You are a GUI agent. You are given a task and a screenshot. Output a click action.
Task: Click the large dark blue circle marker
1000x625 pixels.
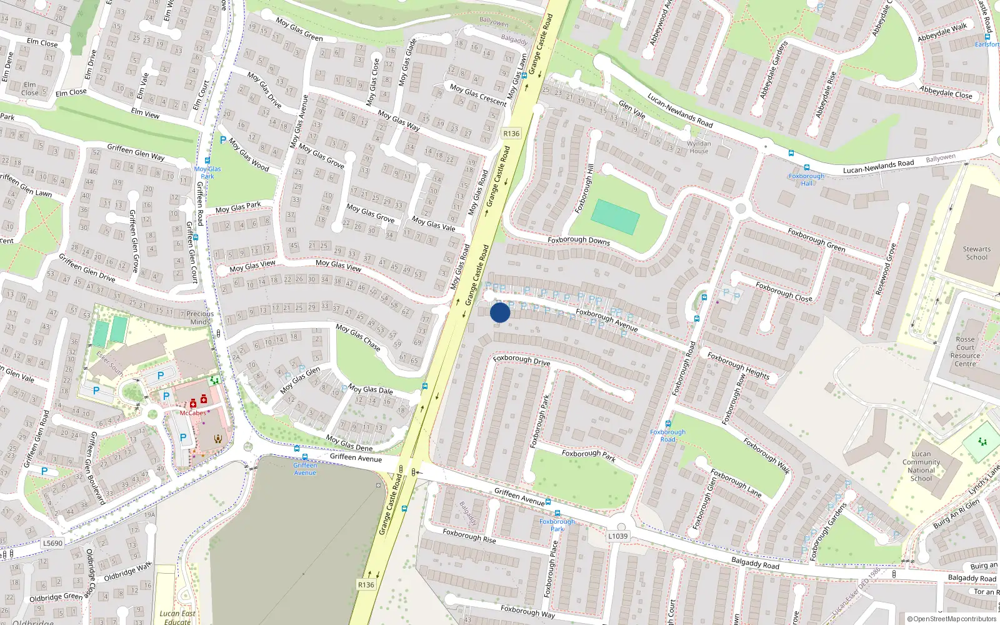coord(500,312)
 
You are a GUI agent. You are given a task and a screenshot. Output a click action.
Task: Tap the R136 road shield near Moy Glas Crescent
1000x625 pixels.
coord(511,133)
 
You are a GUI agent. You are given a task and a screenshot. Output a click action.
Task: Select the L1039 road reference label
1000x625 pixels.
coord(617,536)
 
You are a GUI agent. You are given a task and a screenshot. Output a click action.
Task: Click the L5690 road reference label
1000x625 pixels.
coord(52,543)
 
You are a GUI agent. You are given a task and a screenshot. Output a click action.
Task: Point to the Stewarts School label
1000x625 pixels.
coord(976,253)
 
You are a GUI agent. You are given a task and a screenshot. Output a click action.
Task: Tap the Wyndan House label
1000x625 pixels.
coord(699,147)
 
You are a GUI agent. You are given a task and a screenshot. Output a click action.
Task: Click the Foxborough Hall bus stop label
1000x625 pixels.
coord(806,179)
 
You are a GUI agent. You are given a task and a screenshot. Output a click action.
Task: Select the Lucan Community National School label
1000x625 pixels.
coord(921,466)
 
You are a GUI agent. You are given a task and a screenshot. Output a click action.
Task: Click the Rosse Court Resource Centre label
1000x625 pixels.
coord(965,351)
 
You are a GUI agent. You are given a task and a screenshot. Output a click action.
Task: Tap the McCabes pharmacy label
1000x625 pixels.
coord(192,412)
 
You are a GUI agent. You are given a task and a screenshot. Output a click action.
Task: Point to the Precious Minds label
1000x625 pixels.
coord(200,317)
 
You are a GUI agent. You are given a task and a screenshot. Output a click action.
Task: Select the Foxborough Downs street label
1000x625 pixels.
coord(578,240)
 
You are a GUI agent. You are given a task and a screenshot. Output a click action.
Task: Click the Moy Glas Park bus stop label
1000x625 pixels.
coord(207,172)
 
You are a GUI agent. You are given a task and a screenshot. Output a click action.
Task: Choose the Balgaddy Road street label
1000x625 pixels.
coord(755,563)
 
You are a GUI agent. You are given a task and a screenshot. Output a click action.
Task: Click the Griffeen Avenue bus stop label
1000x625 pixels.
coord(305,469)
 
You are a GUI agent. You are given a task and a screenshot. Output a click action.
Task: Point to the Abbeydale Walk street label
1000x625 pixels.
coord(942,32)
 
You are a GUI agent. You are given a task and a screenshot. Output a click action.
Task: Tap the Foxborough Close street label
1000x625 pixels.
coord(784,292)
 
